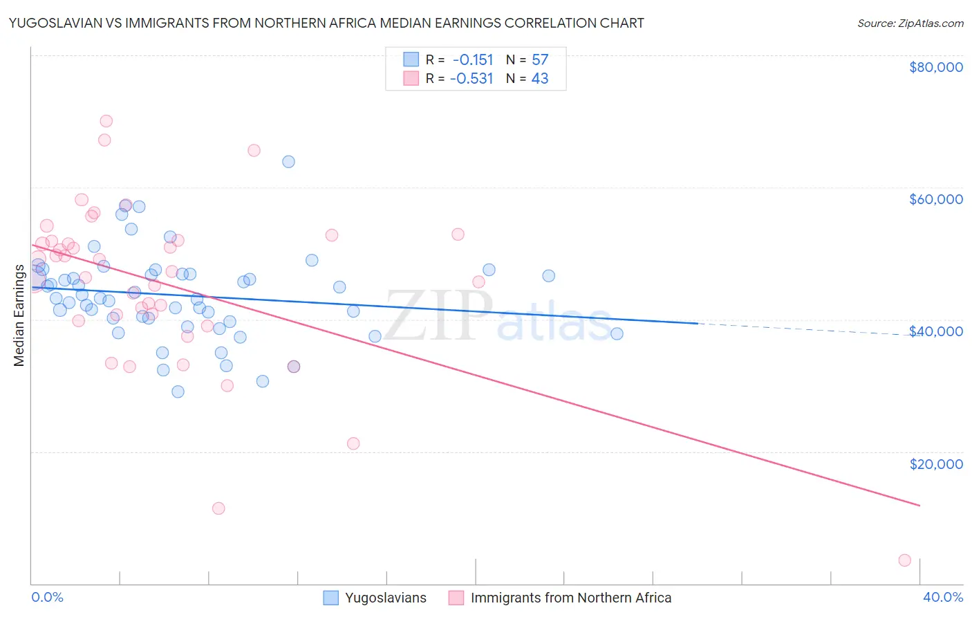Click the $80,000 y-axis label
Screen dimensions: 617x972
point(935,67)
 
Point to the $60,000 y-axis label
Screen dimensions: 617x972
point(935,199)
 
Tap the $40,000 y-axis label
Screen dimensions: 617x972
point(935,331)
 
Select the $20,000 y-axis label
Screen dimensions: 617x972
point(935,463)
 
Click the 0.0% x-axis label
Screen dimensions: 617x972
point(47,597)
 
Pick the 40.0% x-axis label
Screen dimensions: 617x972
point(942,597)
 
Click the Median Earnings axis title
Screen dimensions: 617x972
point(19,315)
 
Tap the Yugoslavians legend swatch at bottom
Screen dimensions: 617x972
point(331,598)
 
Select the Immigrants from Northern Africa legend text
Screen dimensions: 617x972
point(571,598)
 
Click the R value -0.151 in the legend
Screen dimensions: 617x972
point(473,59)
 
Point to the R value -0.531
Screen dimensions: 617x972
point(471,79)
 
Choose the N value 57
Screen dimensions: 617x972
point(540,59)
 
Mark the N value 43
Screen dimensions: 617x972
point(540,79)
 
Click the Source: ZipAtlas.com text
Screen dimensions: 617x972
point(910,24)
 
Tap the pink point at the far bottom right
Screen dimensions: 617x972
point(904,560)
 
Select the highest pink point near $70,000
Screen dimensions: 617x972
point(106,121)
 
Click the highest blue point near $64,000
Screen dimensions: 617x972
point(288,162)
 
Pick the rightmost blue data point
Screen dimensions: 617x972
point(617,333)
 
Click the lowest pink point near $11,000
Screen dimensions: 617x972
point(218,508)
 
